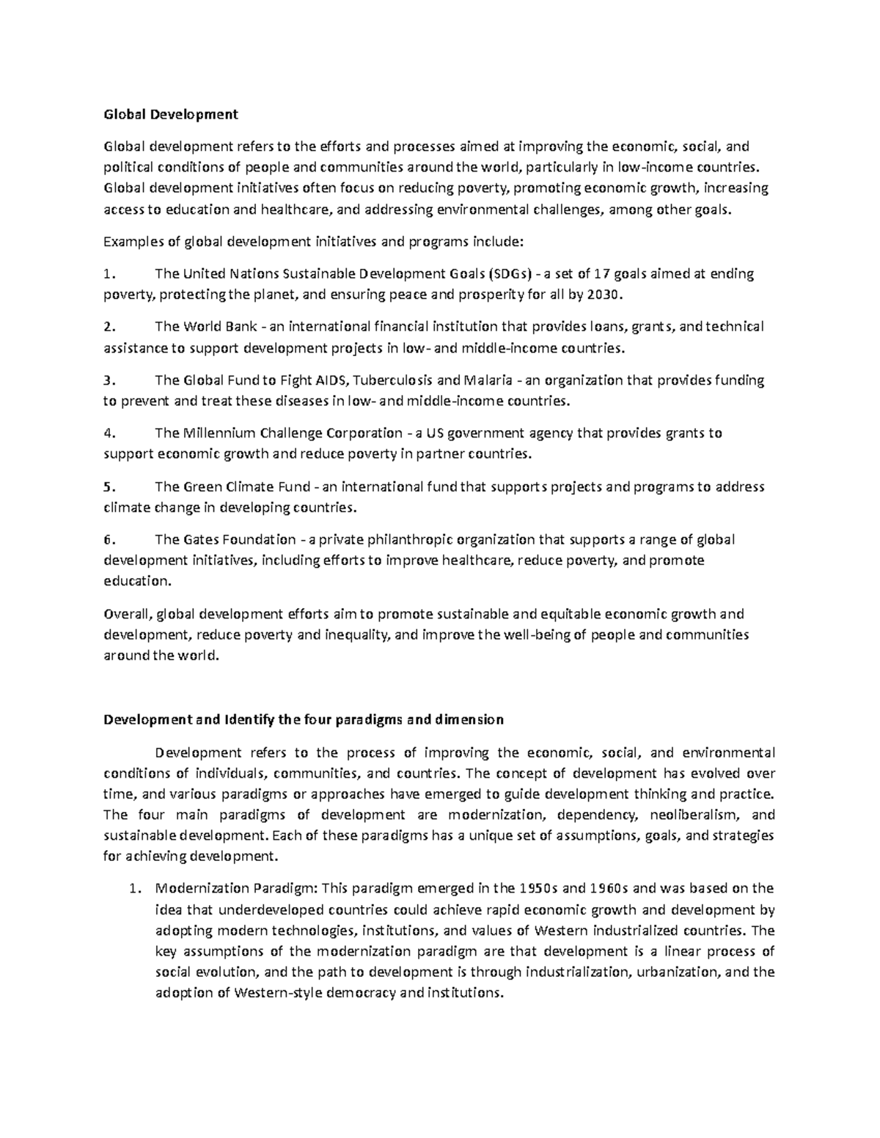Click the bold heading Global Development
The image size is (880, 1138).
(x=171, y=114)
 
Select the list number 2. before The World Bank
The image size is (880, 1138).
(x=109, y=327)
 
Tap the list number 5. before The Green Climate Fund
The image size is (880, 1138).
(x=109, y=487)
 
